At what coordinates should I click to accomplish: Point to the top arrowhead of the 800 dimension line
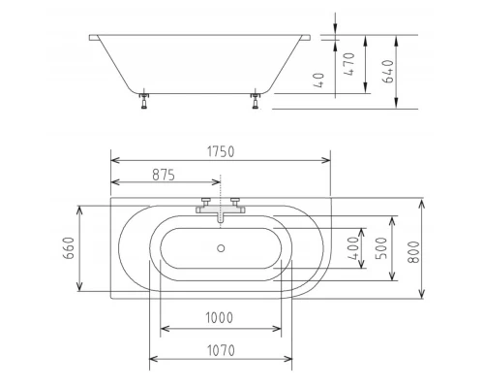pyautogui.click(x=422, y=205)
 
